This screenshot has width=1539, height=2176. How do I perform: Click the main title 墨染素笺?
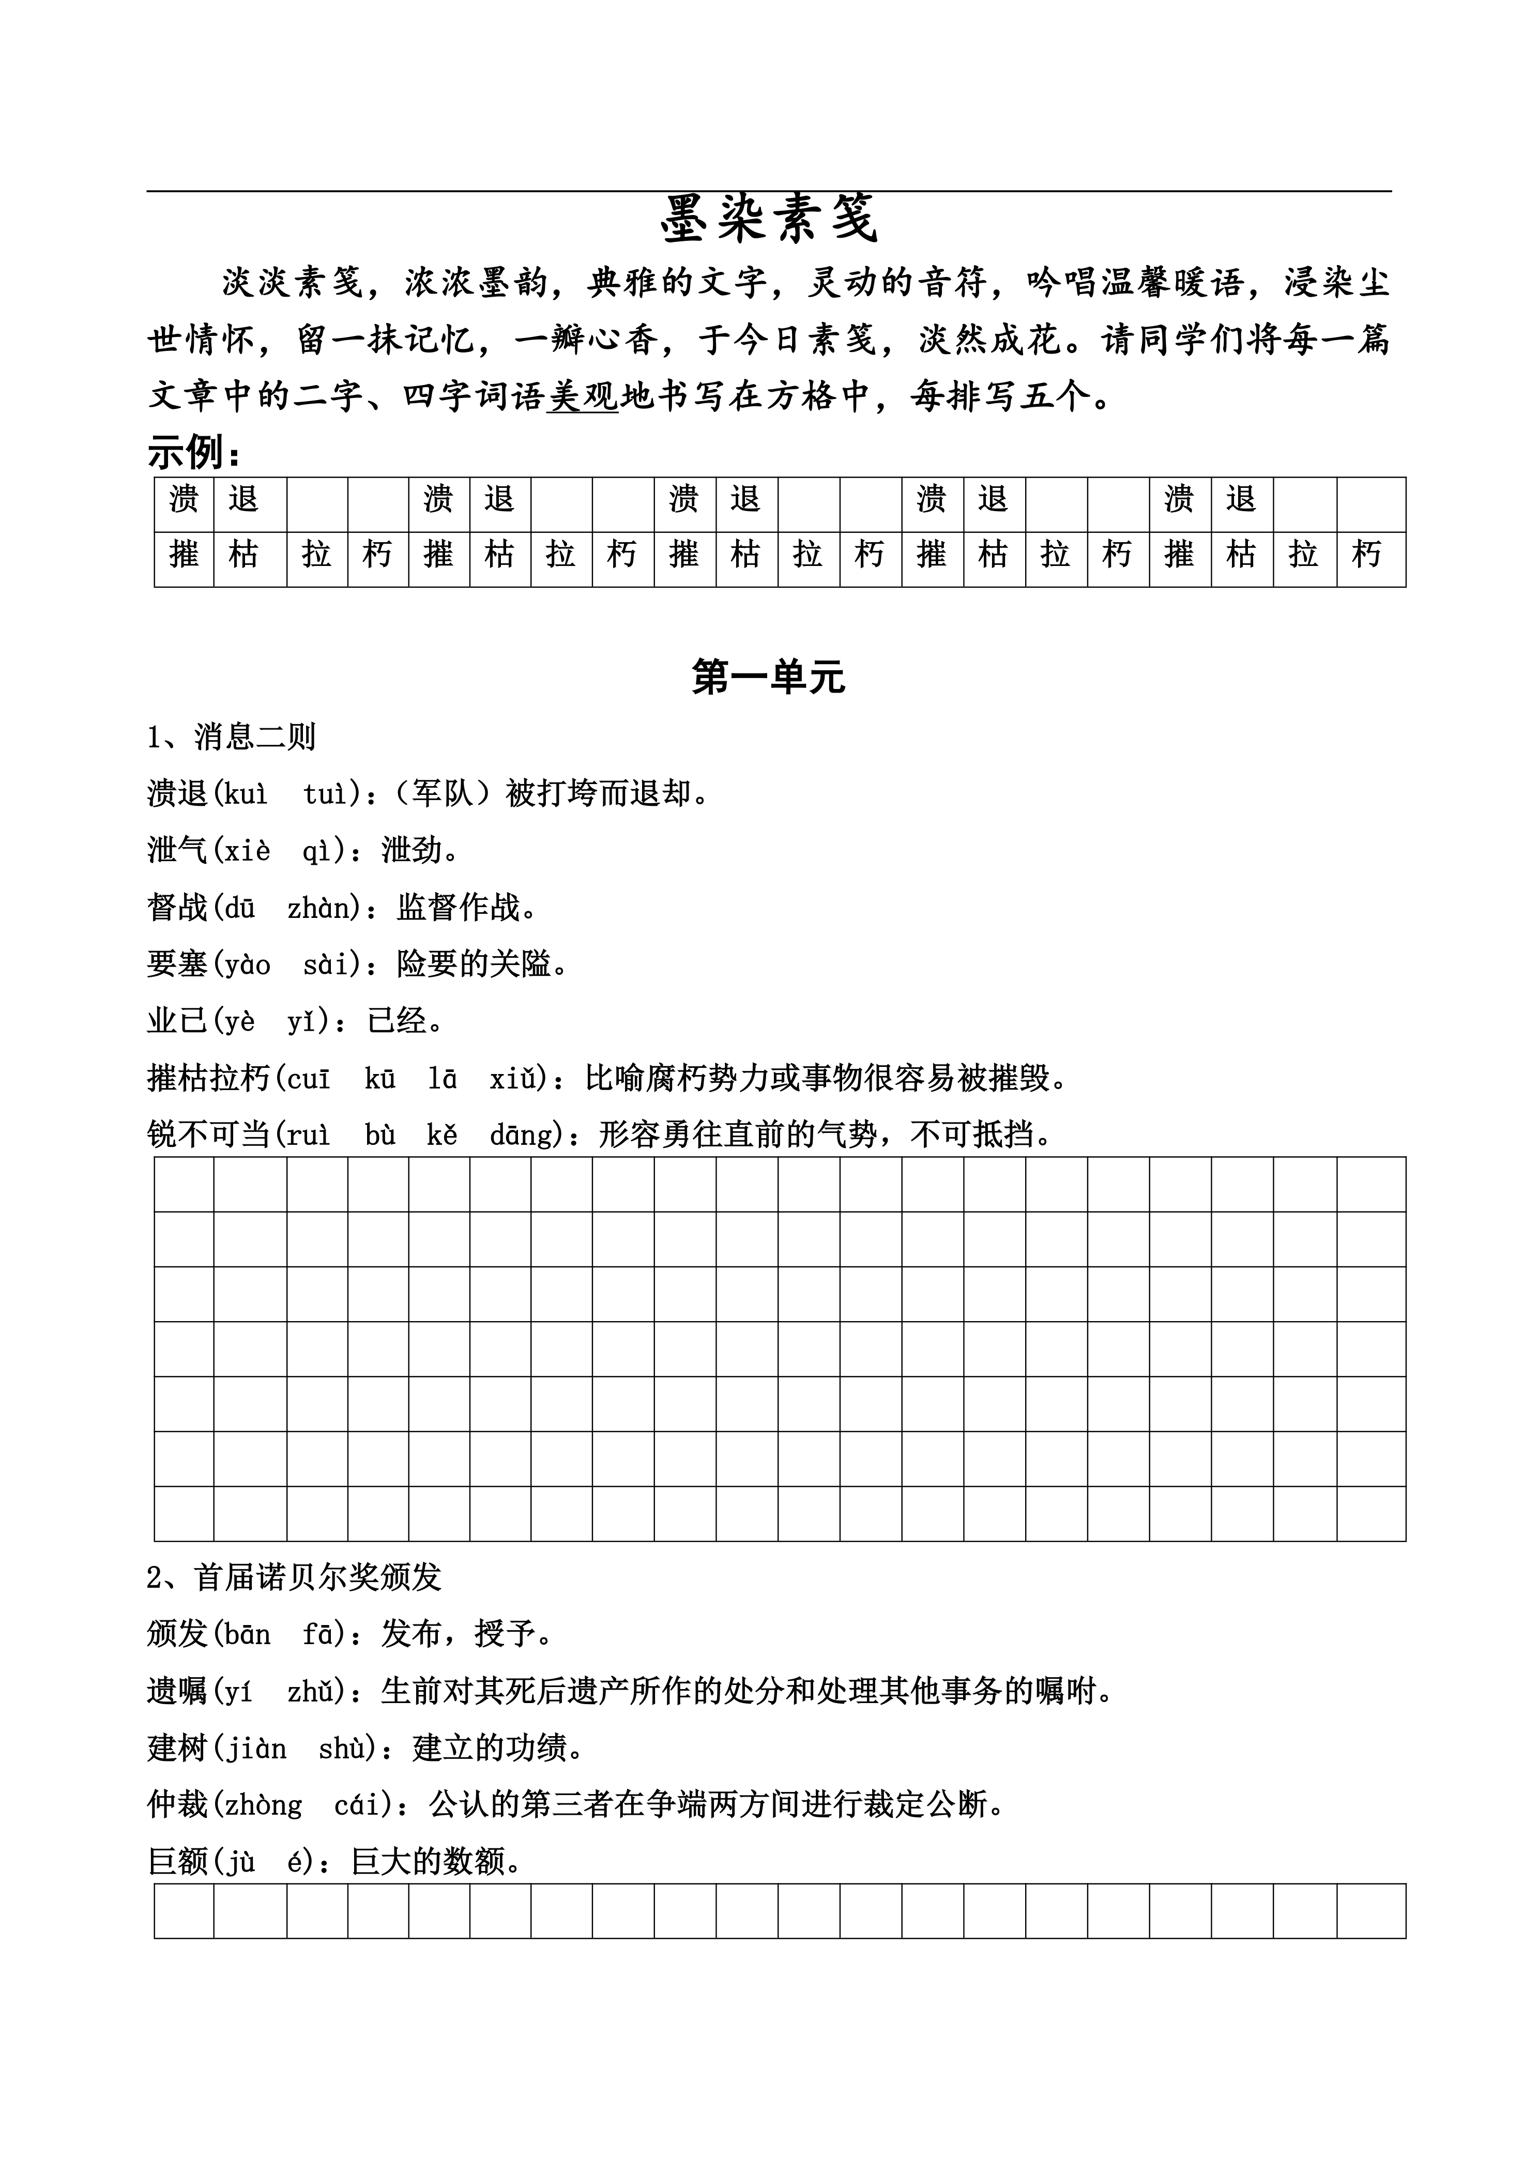coord(769,220)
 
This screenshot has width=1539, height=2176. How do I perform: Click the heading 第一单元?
coord(769,677)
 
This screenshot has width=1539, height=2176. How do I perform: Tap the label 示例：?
coord(194,453)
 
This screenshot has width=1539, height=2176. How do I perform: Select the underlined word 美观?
coord(582,396)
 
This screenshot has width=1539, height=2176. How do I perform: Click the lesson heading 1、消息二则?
coord(231,737)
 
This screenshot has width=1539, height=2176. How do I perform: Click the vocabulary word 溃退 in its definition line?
coord(177,793)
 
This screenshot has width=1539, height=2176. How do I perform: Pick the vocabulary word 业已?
coord(177,1021)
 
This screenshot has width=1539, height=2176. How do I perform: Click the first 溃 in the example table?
coord(184,499)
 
